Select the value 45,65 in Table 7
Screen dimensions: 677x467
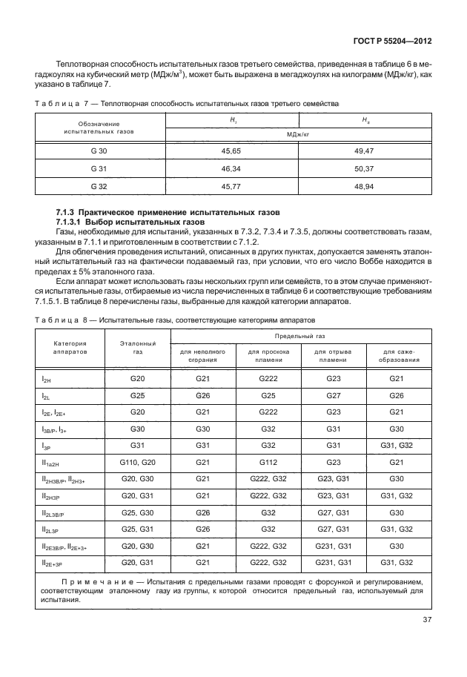click(233, 151)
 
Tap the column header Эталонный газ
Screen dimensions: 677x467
click(139, 349)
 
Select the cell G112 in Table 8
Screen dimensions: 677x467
click(268, 462)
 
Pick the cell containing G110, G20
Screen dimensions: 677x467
click(138, 462)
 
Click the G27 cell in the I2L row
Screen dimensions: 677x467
click(333, 396)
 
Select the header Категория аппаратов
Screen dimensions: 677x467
click(70, 349)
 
